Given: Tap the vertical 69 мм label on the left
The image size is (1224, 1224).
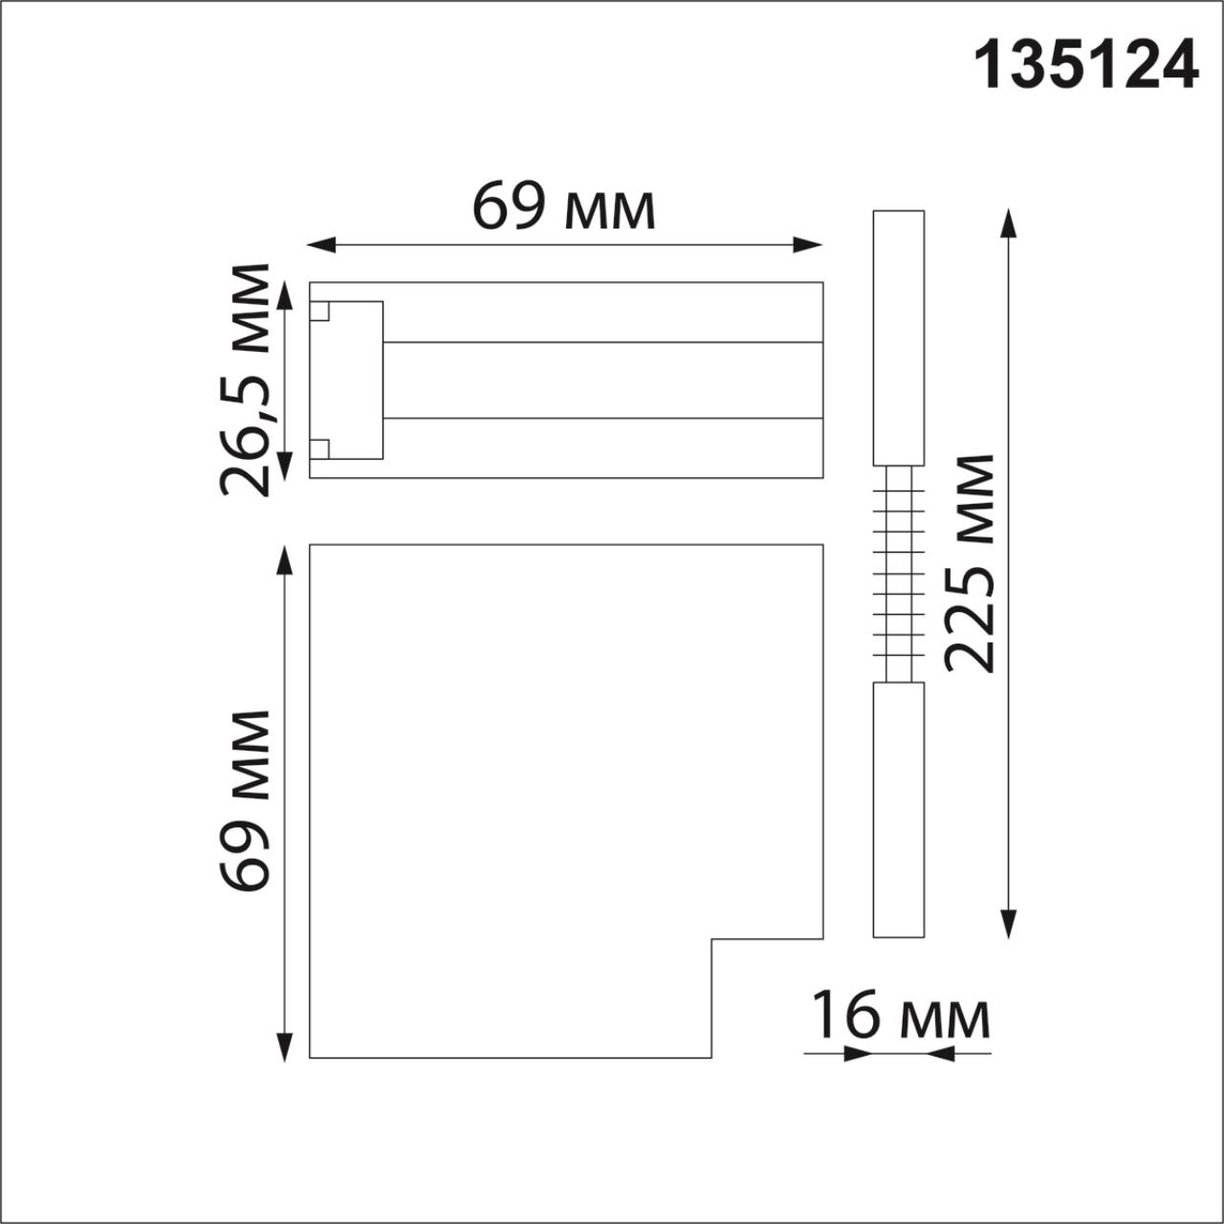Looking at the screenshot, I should coord(245,801).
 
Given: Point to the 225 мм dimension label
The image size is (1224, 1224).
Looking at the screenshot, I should coord(971,564).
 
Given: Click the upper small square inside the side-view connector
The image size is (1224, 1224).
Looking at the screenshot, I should coord(319,312).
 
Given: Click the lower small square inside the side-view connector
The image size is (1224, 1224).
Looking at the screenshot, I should coord(319,448).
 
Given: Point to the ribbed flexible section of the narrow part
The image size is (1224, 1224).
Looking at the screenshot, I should coord(899,574).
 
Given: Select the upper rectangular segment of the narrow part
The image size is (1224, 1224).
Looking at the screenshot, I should coord(899,338).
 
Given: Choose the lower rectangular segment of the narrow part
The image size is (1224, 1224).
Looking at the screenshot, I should coord(899,809).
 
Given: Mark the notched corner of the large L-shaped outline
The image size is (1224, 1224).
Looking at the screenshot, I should coord(712,940).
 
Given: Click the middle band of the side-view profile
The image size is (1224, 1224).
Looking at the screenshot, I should coord(602,380).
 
